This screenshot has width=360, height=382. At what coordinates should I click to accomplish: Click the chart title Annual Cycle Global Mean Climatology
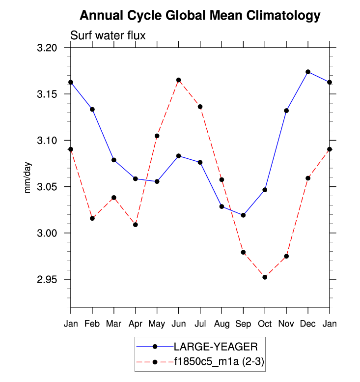pyautogui.click(x=200, y=16)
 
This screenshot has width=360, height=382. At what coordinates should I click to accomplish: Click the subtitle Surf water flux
pyautogui.click(x=108, y=35)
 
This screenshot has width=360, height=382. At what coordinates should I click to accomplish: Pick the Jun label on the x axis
pyautogui.click(x=178, y=324)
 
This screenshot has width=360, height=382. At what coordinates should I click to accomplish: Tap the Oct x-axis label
pyautogui.click(x=265, y=324)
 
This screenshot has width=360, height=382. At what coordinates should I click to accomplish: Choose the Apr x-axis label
pyautogui.click(x=135, y=324)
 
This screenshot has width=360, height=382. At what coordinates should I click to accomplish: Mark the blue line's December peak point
pyautogui.click(x=308, y=72)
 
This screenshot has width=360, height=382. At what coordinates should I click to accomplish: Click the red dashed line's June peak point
pyautogui.click(x=178, y=80)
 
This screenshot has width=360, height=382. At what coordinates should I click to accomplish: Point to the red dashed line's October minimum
pyautogui.click(x=265, y=277)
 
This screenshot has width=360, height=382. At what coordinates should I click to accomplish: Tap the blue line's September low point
pyautogui.click(x=243, y=215)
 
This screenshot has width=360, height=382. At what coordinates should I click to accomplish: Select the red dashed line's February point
pyautogui.click(x=92, y=218)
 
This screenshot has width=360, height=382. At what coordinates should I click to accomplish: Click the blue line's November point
pyautogui.click(x=286, y=111)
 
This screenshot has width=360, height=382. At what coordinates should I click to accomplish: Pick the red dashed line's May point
pyautogui.click(x=157, y=136)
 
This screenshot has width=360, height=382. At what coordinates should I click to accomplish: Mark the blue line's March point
pyautogui.click(x=114, y=160)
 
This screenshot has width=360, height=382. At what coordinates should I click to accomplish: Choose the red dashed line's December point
pyautogui.click(x=308, y=178)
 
